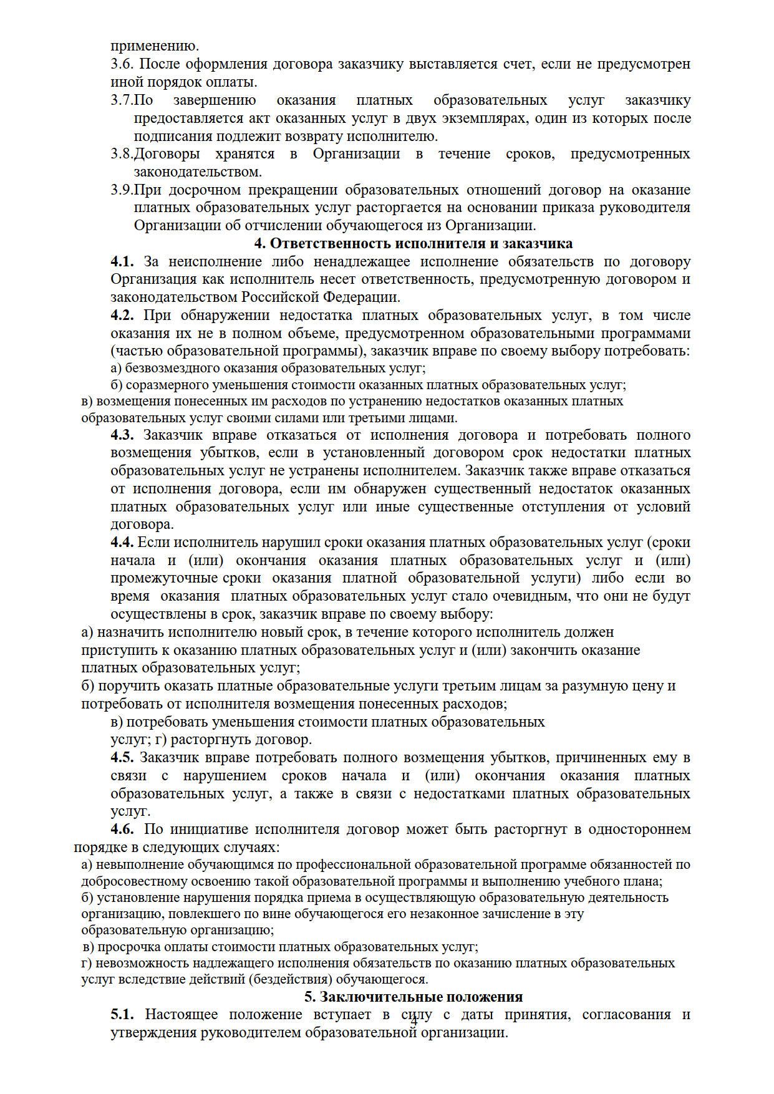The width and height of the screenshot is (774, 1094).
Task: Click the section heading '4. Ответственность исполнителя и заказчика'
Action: [412, 243]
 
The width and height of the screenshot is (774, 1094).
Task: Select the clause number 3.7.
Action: [122, 100]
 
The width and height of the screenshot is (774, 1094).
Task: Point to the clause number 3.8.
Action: [122, 154]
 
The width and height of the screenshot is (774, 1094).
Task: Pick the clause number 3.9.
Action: [122, 190]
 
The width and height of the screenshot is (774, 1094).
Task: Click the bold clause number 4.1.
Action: [122, 261]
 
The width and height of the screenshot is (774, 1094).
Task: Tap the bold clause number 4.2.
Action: [122, 316]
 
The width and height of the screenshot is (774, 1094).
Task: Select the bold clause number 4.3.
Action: [122, 435]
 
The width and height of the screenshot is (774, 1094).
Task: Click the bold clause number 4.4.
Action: [122, 543]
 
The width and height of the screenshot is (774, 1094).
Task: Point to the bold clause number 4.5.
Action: [122, 758]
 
